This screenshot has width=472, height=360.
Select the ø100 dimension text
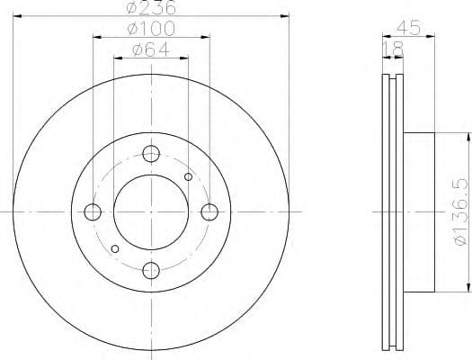(150, 29)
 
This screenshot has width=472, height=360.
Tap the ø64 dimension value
(150, 49)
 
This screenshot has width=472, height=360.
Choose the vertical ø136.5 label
(459, 212)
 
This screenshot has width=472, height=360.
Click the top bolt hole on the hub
(151, 153)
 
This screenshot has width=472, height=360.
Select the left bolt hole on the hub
(92, 212)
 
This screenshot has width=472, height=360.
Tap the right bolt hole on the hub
(210, 212)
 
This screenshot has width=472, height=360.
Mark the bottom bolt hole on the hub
(151, 271)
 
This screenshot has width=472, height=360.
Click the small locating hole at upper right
(188, 176)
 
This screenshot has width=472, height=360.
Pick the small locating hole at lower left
(114, 248)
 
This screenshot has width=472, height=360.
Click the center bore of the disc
(151, 212)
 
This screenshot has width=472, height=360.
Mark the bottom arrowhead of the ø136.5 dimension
(468, 290)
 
